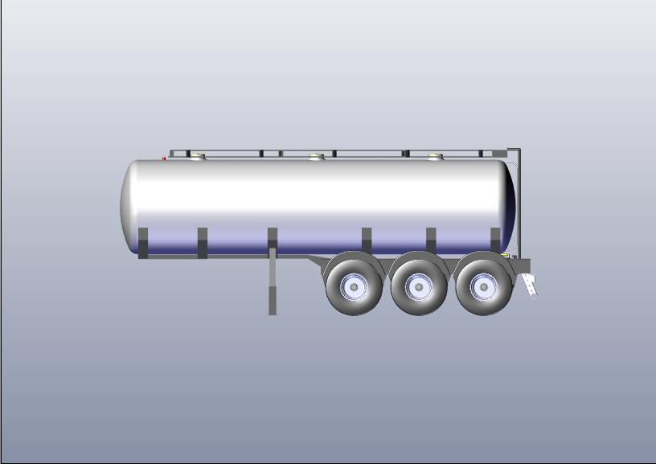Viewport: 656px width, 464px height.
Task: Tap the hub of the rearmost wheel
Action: pos(484,285)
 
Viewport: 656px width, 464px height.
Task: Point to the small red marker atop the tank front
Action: pos(164,158)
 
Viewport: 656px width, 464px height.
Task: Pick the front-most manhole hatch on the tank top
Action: pos(197,156)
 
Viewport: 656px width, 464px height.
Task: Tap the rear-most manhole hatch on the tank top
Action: pos(435,156)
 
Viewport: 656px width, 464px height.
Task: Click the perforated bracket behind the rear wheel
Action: pos(530,286)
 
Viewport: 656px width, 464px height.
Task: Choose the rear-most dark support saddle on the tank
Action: pos(495,240)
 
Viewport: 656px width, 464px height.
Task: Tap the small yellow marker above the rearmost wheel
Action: pos(504,255)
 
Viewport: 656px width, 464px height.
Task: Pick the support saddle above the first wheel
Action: pos(367,240)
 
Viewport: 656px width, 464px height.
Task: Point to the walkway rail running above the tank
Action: pos(338,150)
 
